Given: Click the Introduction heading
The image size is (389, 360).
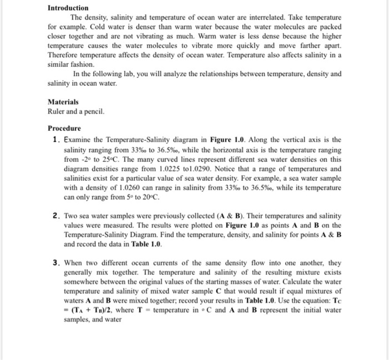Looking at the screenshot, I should tap(68, 8).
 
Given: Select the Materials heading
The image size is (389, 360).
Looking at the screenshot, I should tap(63, 102).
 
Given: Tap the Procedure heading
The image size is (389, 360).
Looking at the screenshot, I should tap(65, 128).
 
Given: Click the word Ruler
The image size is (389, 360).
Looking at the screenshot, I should tap(57, 111).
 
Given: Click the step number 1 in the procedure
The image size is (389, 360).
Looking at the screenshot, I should tap(56, 140).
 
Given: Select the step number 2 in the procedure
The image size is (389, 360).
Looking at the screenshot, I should tap(56, 215).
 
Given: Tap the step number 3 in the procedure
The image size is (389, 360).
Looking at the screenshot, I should tap(56, 263).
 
